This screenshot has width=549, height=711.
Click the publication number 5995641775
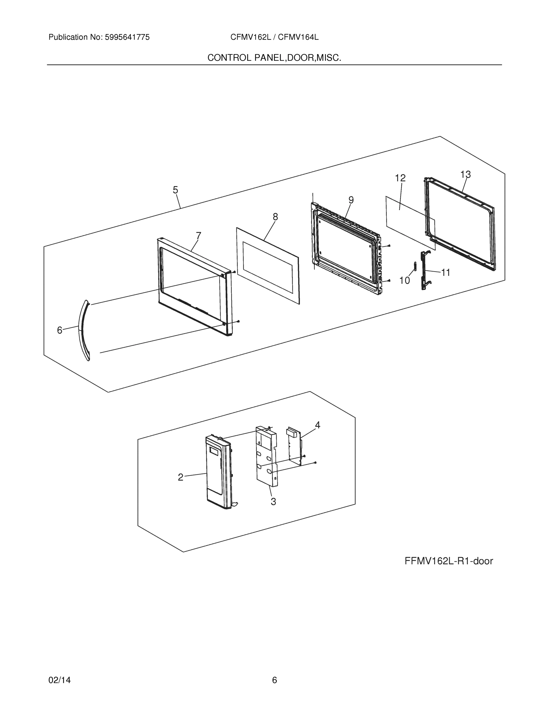[x=127, y=37]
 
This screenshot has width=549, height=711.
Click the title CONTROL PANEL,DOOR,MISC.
[x=274, y=58]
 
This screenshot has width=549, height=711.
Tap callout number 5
[x=175, y=190]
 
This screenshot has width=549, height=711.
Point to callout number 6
[x=59, y=330]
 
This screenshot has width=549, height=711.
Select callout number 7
[x=198, y=236]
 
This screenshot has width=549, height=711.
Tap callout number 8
[x=275, y=217]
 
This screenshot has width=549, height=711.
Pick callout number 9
[x=351, y=200]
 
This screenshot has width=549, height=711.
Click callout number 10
[x=404, y=280]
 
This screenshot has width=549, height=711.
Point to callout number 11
[x=446, y=273]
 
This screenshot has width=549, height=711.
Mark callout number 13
[x=466, y=175]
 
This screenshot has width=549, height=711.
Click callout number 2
[x=181, y=477]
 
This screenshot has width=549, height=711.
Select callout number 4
[x=318, y=425]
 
